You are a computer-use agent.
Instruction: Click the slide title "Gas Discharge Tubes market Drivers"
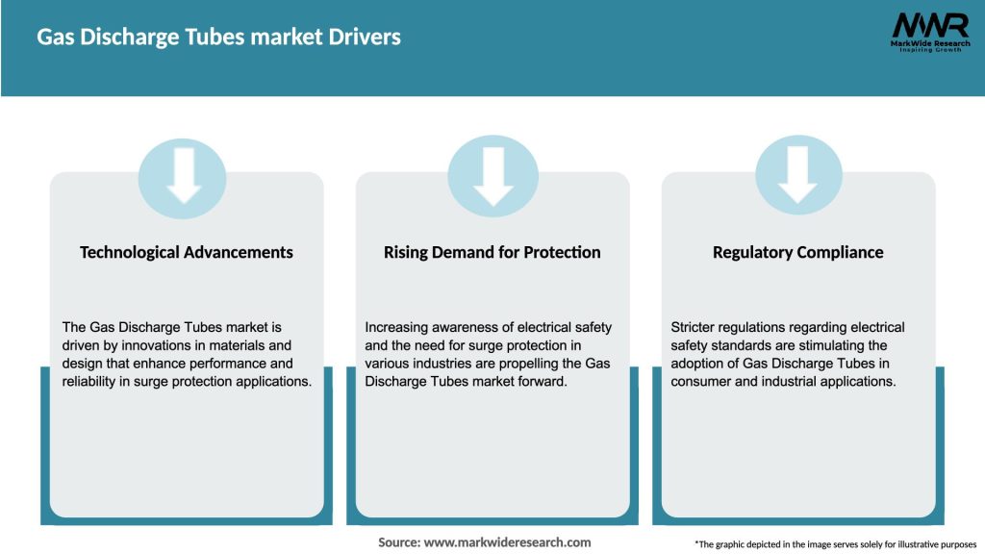tap(218, 38)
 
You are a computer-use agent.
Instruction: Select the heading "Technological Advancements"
tap(187, 252)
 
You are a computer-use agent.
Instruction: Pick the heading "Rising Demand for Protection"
tap(492, 252)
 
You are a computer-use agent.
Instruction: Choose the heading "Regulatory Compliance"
tap(797, 252)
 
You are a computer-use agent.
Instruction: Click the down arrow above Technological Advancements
tap(183, 174)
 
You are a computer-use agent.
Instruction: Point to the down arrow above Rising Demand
tap(492, 174)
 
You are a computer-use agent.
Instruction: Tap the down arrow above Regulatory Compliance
tap(797, 174)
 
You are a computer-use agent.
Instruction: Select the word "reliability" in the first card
tap(92, 381)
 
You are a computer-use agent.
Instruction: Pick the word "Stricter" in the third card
tap(695, 328)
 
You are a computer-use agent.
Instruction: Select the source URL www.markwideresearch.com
tap(507, 542)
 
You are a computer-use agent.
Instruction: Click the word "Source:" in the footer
tap(399, 542)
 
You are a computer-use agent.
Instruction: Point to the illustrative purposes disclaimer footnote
tap(835, 544)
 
